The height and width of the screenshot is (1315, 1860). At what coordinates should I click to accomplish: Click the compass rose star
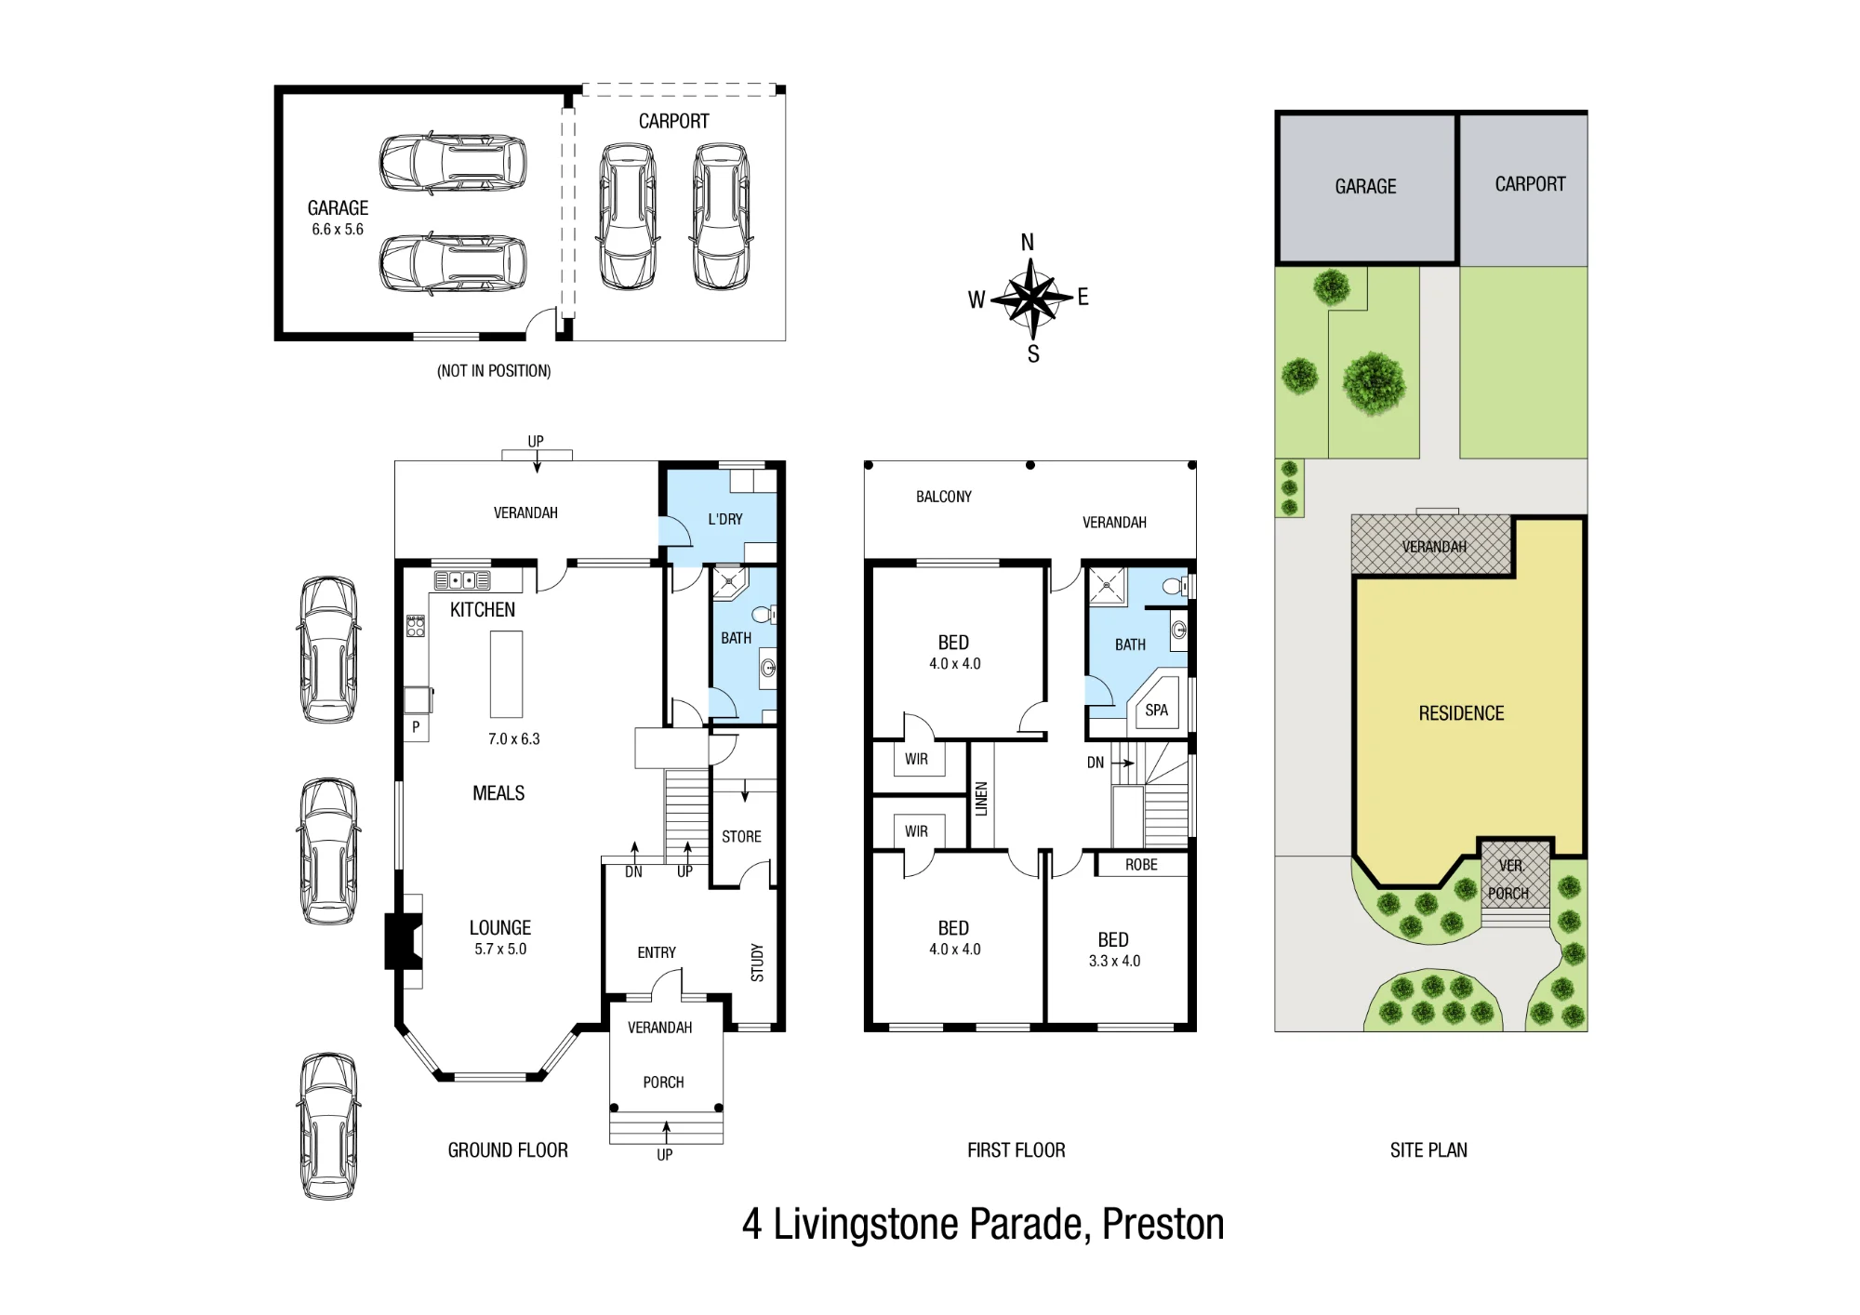(x=1030, y=299)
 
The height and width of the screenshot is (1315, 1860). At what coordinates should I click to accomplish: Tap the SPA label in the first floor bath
(x=1156, y=711)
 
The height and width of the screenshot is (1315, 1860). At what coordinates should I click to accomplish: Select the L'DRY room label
(x=725, y=519)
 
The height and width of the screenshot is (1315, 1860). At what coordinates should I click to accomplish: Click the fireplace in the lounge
(x=404, y=941)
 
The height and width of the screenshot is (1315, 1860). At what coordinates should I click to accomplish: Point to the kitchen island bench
(x=507, y=674)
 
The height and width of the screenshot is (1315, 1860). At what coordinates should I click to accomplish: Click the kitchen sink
(x=462, y=581)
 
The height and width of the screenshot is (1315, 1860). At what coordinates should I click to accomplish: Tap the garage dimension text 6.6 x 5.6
(x=338, y=230)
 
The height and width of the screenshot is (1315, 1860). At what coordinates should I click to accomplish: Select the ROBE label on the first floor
(x=1141, y=865)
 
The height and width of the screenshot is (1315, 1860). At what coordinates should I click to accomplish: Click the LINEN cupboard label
(x=981, y=799)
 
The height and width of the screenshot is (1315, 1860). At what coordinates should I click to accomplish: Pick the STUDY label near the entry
(x=757, y=963)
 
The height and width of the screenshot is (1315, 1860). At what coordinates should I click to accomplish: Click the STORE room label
(x=741, y=837)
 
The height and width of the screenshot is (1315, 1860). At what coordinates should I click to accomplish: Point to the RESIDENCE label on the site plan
(x=1461, y=713)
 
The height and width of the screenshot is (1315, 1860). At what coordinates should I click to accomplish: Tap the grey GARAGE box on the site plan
(x=1366, y=188)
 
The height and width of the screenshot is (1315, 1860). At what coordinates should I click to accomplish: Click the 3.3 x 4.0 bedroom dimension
(x=1114, y=961)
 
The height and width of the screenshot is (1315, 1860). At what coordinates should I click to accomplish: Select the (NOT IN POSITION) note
(x=494, y=371)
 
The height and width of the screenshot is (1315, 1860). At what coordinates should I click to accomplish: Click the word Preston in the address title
(x=1162, y=1224)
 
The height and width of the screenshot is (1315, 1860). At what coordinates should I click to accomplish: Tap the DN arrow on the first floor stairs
(x=1123, y=764)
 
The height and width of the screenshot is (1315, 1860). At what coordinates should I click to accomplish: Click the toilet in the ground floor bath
(x=764, y=614)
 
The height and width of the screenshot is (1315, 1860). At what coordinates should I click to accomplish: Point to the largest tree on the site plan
(x=1374, y=382)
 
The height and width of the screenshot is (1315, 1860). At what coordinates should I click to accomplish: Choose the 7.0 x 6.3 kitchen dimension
(x=513, y=739)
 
